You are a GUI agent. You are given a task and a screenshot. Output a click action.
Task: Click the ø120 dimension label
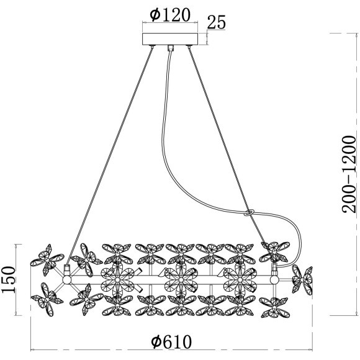tap(170, 15)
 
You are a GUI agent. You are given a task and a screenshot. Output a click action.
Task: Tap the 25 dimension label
tap(216, 23)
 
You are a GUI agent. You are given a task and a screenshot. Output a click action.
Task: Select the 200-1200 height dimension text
tap(349, 174)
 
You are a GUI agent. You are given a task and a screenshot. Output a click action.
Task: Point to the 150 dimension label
tap(9, 280)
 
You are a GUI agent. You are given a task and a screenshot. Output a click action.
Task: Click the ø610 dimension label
tap(171, 342)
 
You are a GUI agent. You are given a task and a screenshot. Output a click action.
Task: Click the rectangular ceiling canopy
tap(170, 39)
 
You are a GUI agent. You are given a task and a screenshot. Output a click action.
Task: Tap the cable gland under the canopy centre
tap(170, 48)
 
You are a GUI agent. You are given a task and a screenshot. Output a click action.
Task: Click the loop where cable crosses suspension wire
tap(248, 212)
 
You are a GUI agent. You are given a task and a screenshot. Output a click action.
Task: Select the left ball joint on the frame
tap(67, 281)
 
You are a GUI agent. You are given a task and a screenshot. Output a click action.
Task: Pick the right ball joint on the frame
tap(274, 280)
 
